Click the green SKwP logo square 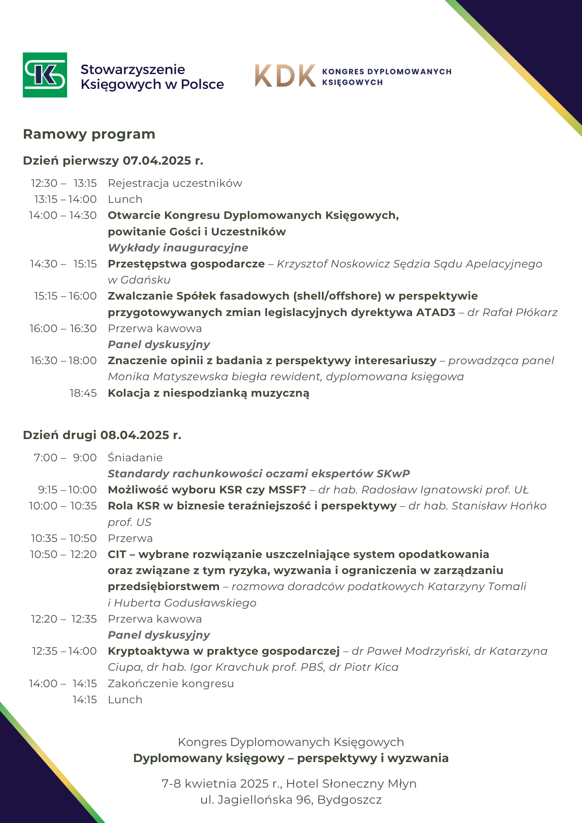45,75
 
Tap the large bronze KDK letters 285,76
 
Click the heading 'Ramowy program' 89,134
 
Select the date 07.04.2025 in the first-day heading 157,160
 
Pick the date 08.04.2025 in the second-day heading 135,435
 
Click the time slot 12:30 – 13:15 64,183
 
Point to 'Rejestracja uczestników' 175,183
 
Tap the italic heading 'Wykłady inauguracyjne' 178,248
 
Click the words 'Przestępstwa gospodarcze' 186,264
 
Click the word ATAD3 435,312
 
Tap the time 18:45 83,393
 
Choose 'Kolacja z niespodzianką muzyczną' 208,393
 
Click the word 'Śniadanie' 135,458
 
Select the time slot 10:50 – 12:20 63,554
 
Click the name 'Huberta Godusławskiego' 185,603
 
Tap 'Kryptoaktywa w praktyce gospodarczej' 223,651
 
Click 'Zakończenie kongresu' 171,684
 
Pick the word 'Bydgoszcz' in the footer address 349,800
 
